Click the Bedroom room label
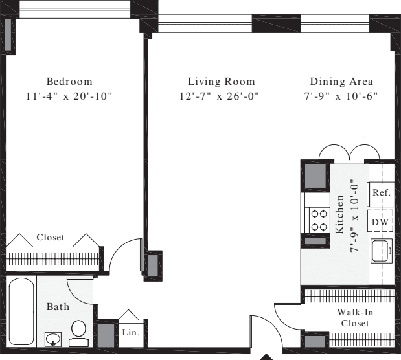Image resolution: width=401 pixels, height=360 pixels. pyautogui.click(x=69, y=82)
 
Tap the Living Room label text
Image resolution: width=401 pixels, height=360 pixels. pyautogui.click(x=221, y=82)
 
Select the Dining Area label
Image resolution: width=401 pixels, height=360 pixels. pyautogui.click(x=341, y=82)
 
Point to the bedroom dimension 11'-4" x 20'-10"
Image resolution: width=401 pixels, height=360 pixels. pyautogui.click(x=69, y=96)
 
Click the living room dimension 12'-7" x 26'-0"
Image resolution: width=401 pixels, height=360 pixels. pyautogui.click(x=221, y=96)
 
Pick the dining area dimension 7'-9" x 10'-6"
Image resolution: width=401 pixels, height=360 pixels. pyautogui.click(x=341, y=96)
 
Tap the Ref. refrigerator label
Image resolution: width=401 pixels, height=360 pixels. pyautogui.click(x=381, y=193)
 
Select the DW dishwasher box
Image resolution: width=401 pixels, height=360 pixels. pyautogui.click(x=380, y=221)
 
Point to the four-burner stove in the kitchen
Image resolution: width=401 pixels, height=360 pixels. pyautogui.click(x=318, y=219)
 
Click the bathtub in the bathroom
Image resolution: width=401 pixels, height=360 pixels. pyautogui.click(x=21, y=311)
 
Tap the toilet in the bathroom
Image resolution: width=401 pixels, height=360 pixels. pyautogui.click(x=80, y=330)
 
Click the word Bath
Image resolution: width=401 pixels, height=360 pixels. pyautogui.click(x=58, y=306)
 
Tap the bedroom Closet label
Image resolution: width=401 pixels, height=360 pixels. pyautogui.click(x=51, y=238)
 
